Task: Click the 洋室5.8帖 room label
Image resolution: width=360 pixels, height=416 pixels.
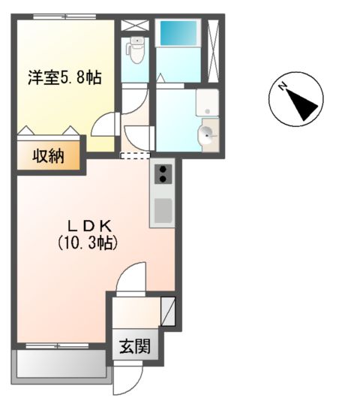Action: [64, 77]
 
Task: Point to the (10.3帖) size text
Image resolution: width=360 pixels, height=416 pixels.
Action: [88, 243]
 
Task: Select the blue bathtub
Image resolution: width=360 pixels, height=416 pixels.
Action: [178, 34]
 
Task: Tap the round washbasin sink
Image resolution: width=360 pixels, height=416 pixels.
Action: [206, 136]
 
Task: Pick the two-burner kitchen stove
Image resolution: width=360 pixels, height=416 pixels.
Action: [163, 175]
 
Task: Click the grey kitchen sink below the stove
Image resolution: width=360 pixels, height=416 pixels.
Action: [163, 210]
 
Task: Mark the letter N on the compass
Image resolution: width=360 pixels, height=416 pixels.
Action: [283, 87]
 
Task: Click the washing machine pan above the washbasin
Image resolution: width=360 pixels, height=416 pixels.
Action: [206, 103]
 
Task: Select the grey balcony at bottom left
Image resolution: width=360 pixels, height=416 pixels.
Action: [61, 364]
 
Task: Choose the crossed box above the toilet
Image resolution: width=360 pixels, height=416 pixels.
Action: [136, 24]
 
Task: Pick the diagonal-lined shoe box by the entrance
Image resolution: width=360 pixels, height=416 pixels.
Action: [168, 311]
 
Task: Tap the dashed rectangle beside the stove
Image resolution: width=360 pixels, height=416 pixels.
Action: [135, 156]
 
